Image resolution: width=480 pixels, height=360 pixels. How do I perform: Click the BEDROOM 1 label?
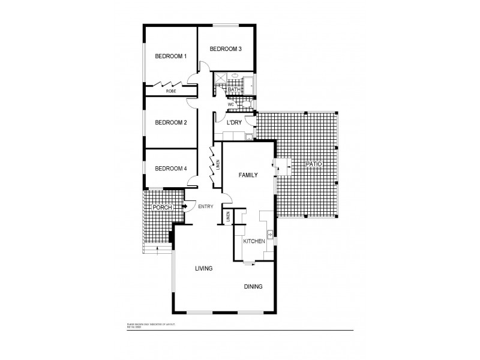pos(171,56)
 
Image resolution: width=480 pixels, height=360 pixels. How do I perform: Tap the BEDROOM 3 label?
pos(225,49)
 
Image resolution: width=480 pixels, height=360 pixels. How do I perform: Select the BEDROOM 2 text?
pos(171,122)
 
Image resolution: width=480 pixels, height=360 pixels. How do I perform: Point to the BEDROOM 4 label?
pos(171,169)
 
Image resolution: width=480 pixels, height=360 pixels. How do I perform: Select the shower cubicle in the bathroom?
pos(221,79)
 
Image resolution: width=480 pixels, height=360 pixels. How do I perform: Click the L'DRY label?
pos(234,122)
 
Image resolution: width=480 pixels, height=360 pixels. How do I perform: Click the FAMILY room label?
pos(248,175)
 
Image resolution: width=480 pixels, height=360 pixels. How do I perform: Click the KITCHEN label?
pos(254,241)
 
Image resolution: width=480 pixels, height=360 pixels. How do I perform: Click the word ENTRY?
pos(206,207)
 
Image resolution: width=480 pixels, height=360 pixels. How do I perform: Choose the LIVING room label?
pos(204,268)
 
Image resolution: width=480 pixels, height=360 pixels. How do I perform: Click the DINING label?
pos(253,286)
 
